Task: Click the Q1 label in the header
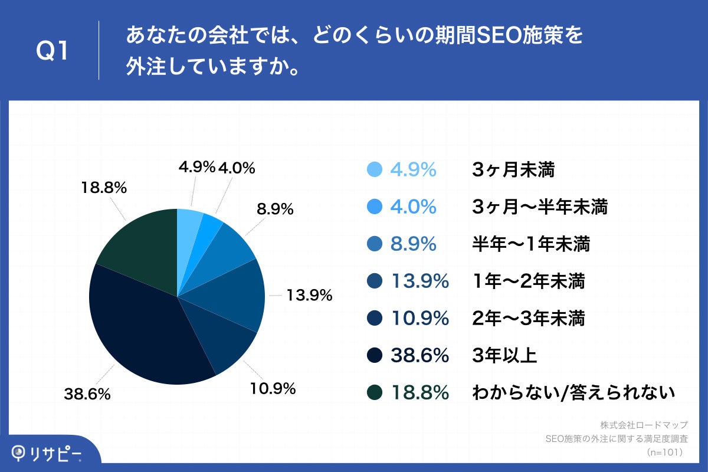click(53, 51)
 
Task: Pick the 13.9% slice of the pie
click(233, 295)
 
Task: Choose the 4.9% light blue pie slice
click(189, 224)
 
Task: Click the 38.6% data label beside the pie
click(87, 395)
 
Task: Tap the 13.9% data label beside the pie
click(309, 295)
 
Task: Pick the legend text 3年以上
click(504, 356)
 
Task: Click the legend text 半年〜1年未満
click(531, 244)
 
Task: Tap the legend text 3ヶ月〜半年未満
click(540, 207)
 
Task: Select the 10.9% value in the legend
click(420, 319)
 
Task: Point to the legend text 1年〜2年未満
click(529, 281)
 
